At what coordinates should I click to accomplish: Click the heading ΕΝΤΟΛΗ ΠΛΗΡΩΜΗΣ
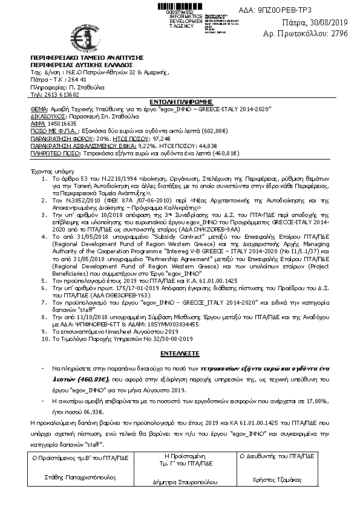tap(179, 101)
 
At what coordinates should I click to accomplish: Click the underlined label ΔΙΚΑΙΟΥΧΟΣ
tap(47, 115)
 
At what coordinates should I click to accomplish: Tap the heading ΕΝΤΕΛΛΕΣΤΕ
tap(179, 351)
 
